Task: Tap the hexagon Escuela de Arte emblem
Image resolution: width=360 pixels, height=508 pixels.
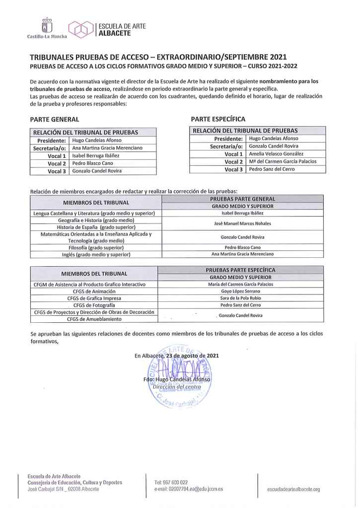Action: coord(81,29)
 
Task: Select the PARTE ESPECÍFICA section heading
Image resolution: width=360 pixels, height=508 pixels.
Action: coord(218,119)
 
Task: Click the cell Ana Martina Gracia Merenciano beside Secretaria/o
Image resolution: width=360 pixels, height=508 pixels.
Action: coord(107,148)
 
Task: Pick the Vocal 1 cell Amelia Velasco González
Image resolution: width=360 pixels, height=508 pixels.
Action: coord(276,154)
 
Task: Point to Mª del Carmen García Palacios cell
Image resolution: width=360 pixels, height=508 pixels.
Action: coord(282,161)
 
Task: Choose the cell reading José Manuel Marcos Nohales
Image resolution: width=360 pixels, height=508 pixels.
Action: coord(242,223)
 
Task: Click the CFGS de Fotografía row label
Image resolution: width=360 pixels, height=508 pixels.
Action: coord(94,305)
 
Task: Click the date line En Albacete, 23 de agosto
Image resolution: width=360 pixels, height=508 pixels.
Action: coord(176,356)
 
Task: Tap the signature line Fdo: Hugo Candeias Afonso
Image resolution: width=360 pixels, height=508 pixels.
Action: coord(177,380)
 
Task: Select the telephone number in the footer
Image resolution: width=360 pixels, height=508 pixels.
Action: coord(171,482)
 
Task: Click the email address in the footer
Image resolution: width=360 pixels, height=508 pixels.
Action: coord(189,489)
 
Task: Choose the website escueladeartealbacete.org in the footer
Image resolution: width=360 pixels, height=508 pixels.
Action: coord(293,489)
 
